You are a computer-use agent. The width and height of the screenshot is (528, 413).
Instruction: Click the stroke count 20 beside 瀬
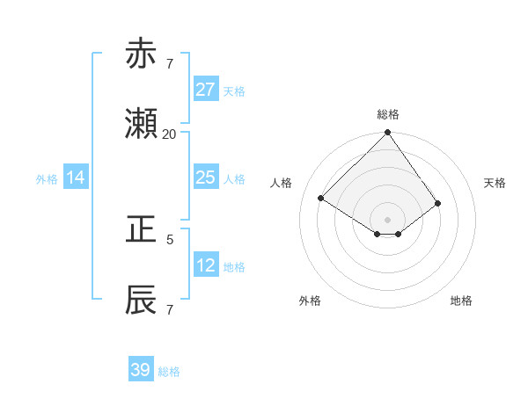pos(169,134)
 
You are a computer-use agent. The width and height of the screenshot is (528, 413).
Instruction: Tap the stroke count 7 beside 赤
pos(170,64)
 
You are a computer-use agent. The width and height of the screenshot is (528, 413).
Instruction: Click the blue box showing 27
pos(205,90)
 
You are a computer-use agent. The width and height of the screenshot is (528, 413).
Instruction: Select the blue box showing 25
pos(205,178)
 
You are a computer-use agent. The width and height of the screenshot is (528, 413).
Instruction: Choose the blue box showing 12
pos(205,265)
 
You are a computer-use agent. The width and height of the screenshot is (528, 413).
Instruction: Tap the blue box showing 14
pos(76,178)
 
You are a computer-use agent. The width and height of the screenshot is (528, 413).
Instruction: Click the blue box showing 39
pos(141,370)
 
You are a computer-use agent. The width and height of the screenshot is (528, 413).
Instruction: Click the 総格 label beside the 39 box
pos(169,372)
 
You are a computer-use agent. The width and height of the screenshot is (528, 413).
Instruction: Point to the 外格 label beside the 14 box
pos(47,179)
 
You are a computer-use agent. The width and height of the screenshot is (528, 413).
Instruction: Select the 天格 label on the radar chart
pos(495,183)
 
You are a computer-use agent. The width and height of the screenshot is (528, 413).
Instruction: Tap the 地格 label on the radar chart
pos(461,301)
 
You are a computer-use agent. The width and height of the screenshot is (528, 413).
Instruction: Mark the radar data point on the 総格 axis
pos(387,134)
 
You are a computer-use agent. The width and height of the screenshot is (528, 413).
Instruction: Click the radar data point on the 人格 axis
pos(321,198)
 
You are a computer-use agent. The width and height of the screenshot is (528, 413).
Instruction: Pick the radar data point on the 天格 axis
pos(437,203)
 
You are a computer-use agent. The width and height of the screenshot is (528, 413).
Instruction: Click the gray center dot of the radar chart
pos(387,219)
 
